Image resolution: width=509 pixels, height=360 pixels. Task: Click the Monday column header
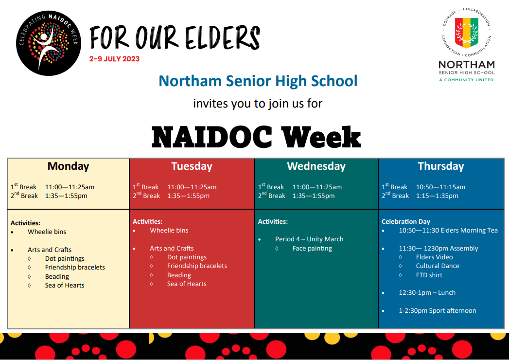[68, 166]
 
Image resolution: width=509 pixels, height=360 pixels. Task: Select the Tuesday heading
[192, 166]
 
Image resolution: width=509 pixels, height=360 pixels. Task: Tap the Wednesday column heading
[316, 166]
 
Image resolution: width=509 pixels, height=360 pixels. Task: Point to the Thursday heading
[441, 166]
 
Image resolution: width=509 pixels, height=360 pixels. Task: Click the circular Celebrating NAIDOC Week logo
[49, 43]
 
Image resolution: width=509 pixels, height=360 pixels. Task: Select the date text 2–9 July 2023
[115, 59]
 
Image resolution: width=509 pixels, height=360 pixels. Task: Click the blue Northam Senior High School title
[258, 81]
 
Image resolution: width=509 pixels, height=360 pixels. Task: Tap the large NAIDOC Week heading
[257, 137]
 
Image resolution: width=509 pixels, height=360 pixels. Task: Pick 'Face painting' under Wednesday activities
[312, 249]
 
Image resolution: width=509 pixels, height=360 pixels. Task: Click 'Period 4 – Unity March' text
[309, 239]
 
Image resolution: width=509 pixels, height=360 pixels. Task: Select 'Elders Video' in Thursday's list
[434, 257]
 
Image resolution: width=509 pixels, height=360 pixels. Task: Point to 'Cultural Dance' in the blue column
[438, 266]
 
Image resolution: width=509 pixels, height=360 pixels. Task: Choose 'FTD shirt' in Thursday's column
[429, 275]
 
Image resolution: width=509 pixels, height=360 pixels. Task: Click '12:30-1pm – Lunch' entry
[427, 293]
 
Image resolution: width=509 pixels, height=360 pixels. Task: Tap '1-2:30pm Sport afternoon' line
[437, 310]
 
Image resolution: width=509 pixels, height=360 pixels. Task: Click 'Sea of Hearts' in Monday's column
[65, 285]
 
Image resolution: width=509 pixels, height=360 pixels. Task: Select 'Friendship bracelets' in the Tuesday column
[197, 266]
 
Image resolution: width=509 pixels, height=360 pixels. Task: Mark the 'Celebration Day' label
[406, 221]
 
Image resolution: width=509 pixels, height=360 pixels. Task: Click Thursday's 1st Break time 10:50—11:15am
[440, 187]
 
